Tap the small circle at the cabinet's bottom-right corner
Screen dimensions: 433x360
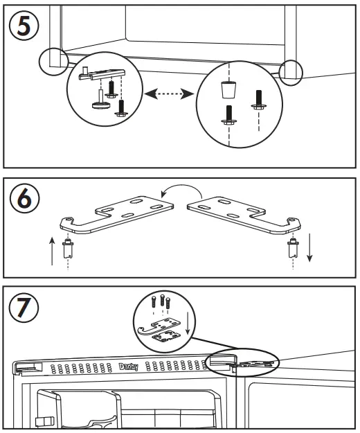pyautogui.click(x=291, y=71)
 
